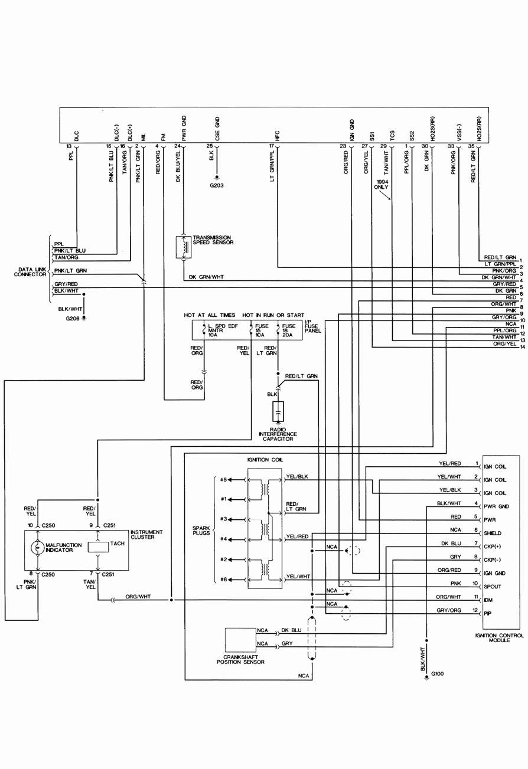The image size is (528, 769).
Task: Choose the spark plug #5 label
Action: (x=224, y=479)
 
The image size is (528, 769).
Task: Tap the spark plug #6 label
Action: (x=224, y=579)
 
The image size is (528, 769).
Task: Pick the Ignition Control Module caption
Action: (x=499, y=637)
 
